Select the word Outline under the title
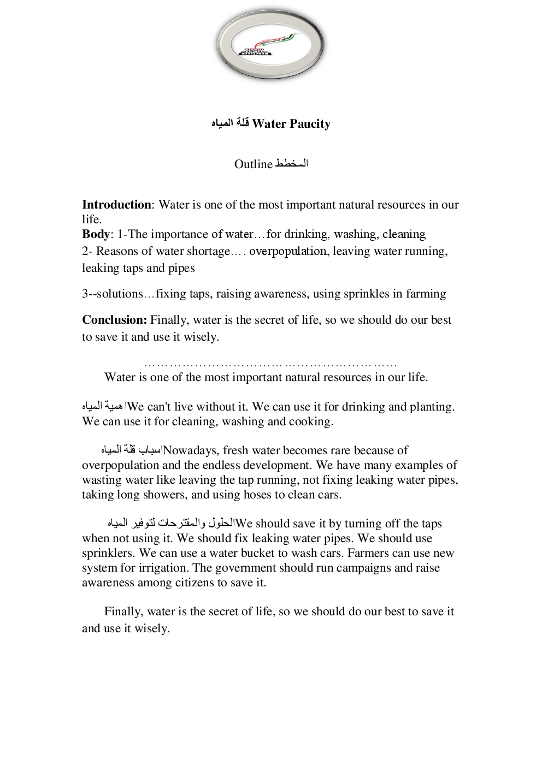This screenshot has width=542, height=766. (253, 164)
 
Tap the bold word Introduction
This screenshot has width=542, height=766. (116, 205)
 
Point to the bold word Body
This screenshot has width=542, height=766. (96, 234)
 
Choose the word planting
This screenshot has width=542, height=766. (432, 407)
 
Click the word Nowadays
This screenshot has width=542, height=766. (191, 450)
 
